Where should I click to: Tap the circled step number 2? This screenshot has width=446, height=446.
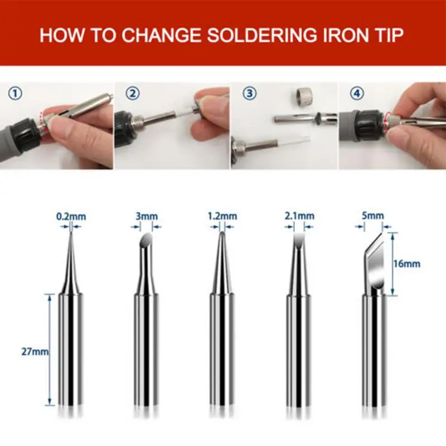[132, 93]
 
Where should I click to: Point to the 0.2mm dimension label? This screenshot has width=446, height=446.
[71, 216]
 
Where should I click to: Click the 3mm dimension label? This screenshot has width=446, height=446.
[146, 216]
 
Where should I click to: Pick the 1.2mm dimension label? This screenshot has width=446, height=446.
[222, 216]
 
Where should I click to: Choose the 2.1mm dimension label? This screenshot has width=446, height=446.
[298, 216]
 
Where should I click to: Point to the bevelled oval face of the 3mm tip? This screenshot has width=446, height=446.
[146, 240]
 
